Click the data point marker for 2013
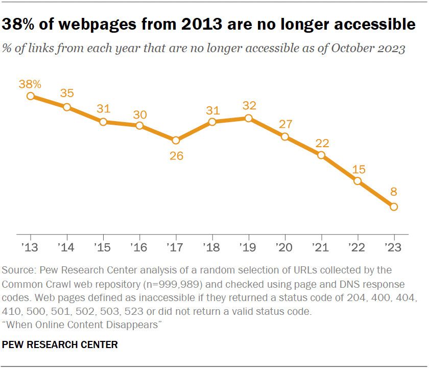(x=31, y=96)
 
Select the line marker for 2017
(x=176, y=140)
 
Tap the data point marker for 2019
(x=248, y=118)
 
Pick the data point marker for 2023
(x=393, y=206)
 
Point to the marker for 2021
(x=321, y=155)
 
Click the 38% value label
(x=31, y=83)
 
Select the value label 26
(x=176, y=155)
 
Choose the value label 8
(x=393, y=193)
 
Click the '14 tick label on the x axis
(x=67, y=247)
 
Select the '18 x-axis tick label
(x=212, y=247)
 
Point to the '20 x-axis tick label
(x=284, y=247)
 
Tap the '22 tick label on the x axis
(x=357, y=247)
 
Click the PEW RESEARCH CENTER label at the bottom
(x=60, y=345)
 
